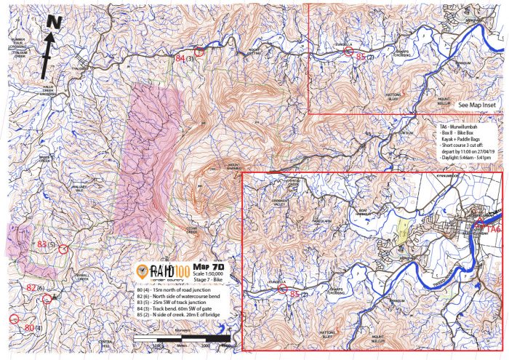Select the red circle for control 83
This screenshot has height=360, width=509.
tap(63, 249)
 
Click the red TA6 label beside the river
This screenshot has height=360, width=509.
tap(492, 230)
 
